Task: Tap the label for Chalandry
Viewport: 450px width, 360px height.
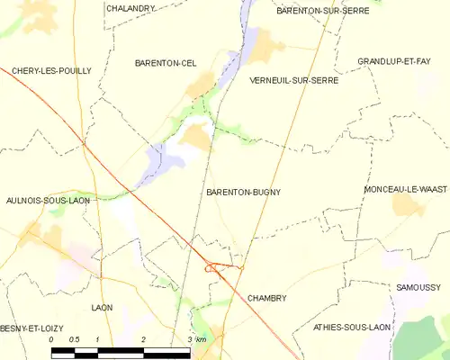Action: point(130,8)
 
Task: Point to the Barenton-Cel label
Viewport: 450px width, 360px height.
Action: point(165,63)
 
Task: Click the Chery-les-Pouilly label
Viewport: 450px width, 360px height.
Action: point(51,70)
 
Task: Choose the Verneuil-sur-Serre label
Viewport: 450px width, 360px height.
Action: point(293,80)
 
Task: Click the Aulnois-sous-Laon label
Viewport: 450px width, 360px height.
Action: point(47,200)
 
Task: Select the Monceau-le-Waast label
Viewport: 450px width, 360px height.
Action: point(404,190)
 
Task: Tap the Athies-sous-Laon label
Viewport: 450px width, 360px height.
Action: point(352,328)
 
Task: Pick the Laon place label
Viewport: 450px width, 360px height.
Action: point(103,308)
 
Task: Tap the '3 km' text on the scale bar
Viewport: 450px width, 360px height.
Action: point(197,339)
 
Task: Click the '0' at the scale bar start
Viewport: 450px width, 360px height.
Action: point(52,339)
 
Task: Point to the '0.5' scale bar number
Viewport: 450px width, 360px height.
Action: point(76,339)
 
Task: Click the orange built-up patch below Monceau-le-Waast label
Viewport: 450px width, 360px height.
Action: point(409,207)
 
